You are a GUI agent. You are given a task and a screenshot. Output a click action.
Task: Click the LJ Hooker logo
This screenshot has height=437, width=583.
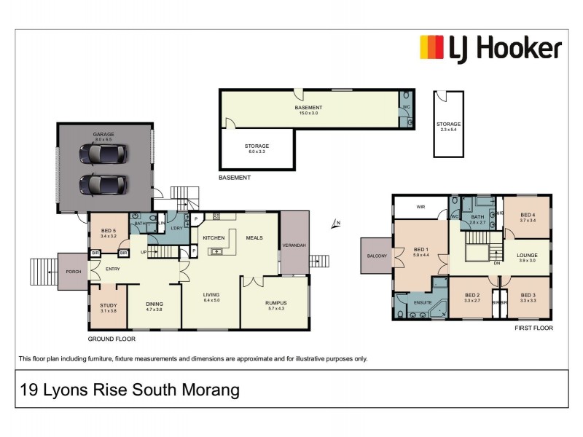point(490,49)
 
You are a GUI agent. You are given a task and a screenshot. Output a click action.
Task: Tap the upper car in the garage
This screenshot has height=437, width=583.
point(103,154)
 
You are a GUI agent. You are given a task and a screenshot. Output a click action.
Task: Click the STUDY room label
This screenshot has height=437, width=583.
point(108,305)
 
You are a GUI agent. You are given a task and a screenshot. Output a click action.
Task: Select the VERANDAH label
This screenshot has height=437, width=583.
point(294,245)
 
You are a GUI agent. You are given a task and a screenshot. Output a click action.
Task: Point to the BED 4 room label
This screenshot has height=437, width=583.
point(528,215)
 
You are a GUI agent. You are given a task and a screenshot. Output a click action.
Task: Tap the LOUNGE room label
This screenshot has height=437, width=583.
point(527,255)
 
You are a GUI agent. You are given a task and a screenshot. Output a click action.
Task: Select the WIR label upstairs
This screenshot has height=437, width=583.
point(420,207)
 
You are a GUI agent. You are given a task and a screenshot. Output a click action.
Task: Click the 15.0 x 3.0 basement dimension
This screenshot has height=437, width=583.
point(310,114)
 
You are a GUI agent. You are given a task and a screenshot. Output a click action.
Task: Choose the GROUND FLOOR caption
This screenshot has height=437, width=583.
point(111,339)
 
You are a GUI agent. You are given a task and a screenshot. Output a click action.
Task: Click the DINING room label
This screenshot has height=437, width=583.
point(154,304)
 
